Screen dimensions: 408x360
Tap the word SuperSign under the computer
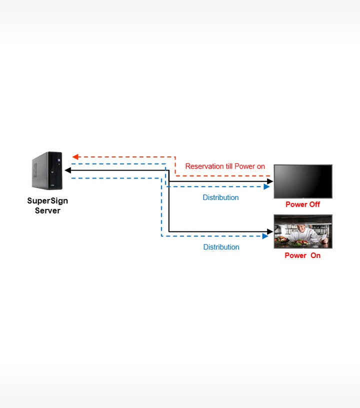tap(47, 201)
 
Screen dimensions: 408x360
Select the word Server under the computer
tap(47, 210)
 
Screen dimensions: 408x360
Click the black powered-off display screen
tap(303, 181)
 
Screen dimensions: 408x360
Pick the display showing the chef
tap(303, 231)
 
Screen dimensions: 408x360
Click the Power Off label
tap(302, 204)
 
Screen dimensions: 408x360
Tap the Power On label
tap(302, 255)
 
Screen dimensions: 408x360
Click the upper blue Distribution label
tap(220, 197)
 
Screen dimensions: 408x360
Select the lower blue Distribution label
tap(221, 247)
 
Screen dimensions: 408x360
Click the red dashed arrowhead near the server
tap(75, 157)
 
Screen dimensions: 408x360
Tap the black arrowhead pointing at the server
tap(68, 170)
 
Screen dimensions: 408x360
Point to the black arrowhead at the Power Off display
tap(270, 181)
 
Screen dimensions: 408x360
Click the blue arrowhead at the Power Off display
tap(266, 187)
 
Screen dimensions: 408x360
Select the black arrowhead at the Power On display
tap(270, 231)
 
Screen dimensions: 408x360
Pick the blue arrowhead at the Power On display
tap(265, 236)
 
